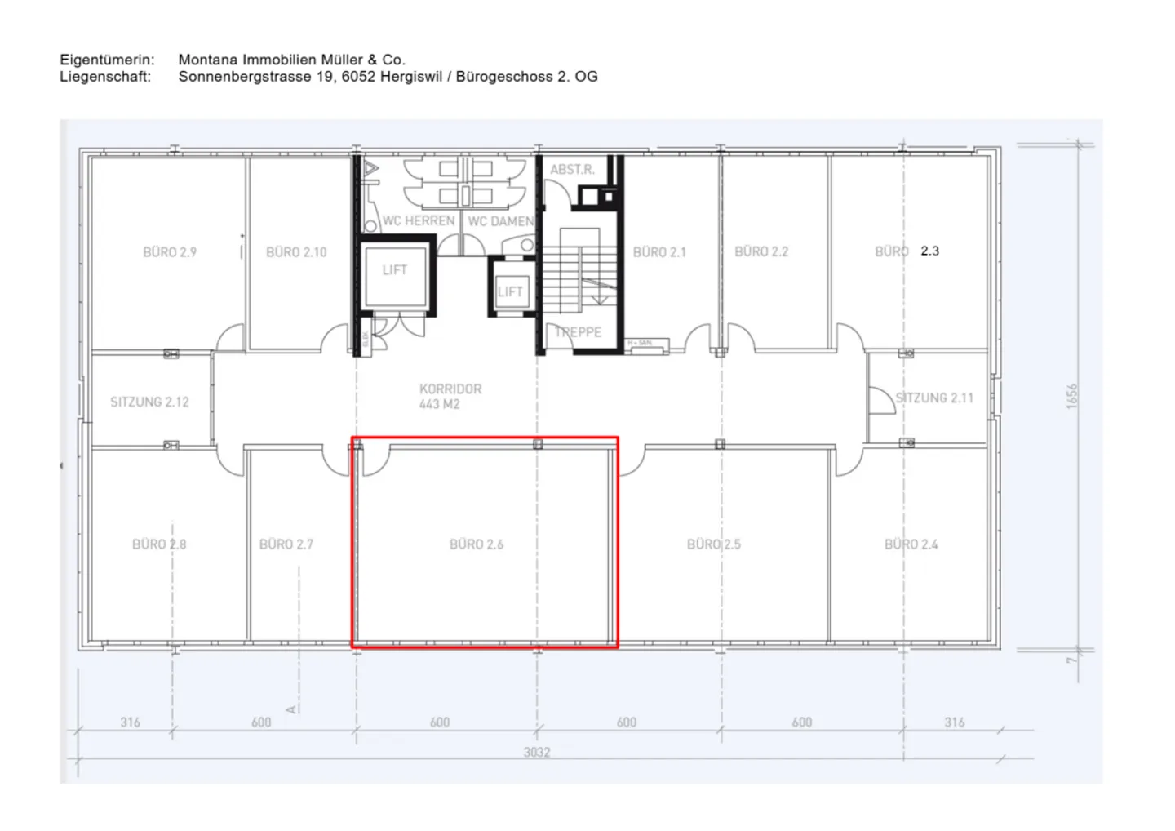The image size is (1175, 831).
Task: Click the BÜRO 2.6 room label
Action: click(x=477, y=544)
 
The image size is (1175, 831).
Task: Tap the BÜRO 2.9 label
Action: click(x=170, y=252)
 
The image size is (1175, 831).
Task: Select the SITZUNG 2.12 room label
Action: click(x=149, y=402)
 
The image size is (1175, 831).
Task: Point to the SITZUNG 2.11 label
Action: click(x=934, y=398)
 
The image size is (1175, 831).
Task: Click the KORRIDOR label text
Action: click(x=450, y=389)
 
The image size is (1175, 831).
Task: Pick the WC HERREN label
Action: click(x=419, y=221)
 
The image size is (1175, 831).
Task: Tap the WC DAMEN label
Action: click(x=501, y=221)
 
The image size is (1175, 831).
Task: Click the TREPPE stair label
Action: click(x=578, y=332)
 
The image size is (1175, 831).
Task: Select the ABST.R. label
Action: click(x=572, y=170)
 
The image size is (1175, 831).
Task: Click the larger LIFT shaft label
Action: click(x=394, y=270)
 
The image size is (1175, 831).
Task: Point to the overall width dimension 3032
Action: click(x=537, y=752)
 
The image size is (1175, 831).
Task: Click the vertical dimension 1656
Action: click(x=1072, y=397)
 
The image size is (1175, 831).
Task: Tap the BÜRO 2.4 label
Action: click(x=911, y=544)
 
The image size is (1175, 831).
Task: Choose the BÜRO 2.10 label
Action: click(x=296, y=252)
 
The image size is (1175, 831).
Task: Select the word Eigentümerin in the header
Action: click(x=107, y=60)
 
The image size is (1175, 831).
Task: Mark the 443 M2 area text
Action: click(x=440, y=404)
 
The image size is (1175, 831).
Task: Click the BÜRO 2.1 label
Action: click(x=659, y=252)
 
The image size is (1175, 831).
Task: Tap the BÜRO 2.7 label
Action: click(x=286, y=544)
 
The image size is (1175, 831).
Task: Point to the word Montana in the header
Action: click(x=207, y=60)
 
